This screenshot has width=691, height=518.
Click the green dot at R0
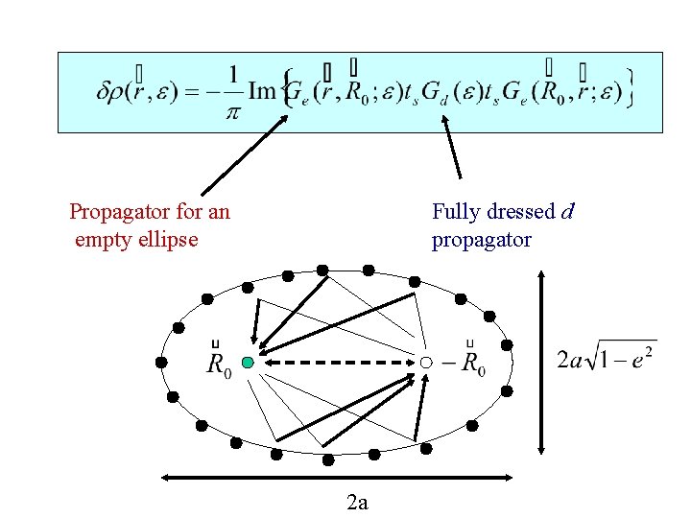pyautogui.click(x=248, y=363)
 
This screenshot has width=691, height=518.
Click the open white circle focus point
pyautogui.click(x=425, y=363)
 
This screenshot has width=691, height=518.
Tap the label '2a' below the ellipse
pyautogui.click(x=357, y=502)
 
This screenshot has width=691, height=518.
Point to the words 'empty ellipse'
pyautogui.click(x=136, y=240)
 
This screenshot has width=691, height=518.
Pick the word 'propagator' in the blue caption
pyautogui.click(x=481, y=240)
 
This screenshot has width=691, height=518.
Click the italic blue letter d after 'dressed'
pyautogui.click(x=567, y=211)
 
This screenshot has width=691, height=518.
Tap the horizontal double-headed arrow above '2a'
pyautogui.click(x=339, y=476)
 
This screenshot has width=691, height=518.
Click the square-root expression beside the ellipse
pyautogui.click(x=607, y=361)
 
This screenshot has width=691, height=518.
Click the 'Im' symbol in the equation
pyautogui.click(x=262, y=92)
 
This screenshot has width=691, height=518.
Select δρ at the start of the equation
pyautogui.click(x=112, y=92)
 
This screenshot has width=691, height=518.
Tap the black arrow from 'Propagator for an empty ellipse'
pyautogui.click(x=245, y=153)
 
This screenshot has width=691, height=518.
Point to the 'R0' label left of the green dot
pyautogui.click(x=218, y=364)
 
